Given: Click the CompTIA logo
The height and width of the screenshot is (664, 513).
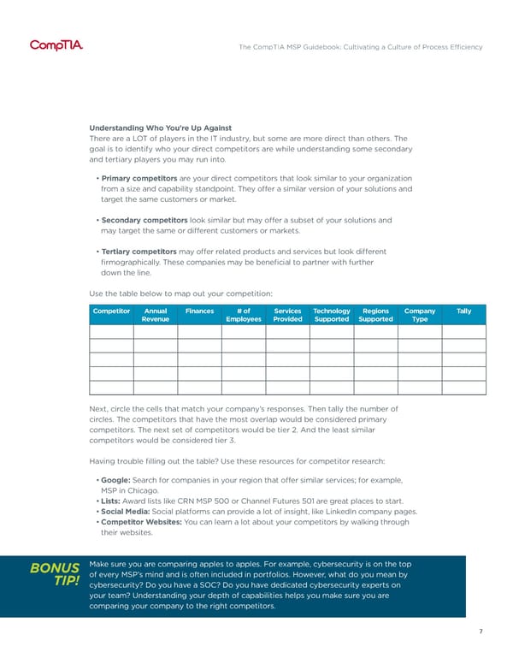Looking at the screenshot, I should coord(56,45).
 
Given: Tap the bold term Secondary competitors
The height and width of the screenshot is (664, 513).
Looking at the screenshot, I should coord(144,220).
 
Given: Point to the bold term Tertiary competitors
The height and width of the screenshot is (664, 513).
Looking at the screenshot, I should coord(139,252).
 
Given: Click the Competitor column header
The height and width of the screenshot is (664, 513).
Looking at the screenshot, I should coord(111,311).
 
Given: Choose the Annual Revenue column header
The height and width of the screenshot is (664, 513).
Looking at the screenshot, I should coord(156,316).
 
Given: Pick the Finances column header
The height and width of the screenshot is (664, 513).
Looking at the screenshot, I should coord(199,311).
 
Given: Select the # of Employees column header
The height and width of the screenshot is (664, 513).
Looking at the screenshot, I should coord(243,316).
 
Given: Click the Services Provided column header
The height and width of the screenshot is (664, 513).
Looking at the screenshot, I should coord(287,316).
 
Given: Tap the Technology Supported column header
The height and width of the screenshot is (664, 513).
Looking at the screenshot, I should coord(332,316).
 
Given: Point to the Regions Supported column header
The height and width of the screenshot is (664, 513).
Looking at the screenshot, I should coord(375,316).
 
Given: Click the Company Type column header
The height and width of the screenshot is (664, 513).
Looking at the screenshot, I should coord(420,316).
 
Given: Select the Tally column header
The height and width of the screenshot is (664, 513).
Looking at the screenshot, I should coord(463,311).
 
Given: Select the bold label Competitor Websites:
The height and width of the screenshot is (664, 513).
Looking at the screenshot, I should coord(139,521).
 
